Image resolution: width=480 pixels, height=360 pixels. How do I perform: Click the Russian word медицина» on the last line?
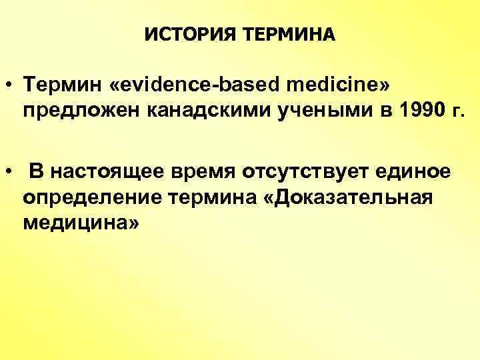click(81, 223)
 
